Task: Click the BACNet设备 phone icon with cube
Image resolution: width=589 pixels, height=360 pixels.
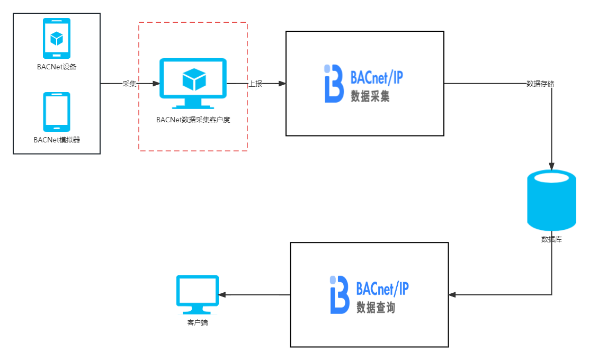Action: [x=57, y=38]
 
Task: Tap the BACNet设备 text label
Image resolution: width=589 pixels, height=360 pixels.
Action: [x=57, y=67]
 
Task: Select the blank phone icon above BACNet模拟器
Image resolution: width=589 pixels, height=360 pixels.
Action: [x=57, y=112]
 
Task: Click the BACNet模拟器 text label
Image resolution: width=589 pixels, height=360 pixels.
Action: [x=57, y=140]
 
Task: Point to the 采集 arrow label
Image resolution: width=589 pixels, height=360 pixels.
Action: [x=129, y=84]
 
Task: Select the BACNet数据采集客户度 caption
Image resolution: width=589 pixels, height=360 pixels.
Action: [x=193, y=120]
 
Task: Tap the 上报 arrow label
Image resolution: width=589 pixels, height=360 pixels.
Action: [x=256, y=84]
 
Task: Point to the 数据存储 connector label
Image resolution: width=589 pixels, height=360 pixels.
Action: [x=540, y=84]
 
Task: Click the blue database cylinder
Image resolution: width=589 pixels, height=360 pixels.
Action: [x=551, y=200]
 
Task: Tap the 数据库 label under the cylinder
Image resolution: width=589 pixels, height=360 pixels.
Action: [x=551, y=239]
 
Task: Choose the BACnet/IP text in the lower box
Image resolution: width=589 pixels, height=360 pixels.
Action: [x=382, y=289]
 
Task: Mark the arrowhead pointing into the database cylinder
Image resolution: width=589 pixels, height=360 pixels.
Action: [x=551, y=166]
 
